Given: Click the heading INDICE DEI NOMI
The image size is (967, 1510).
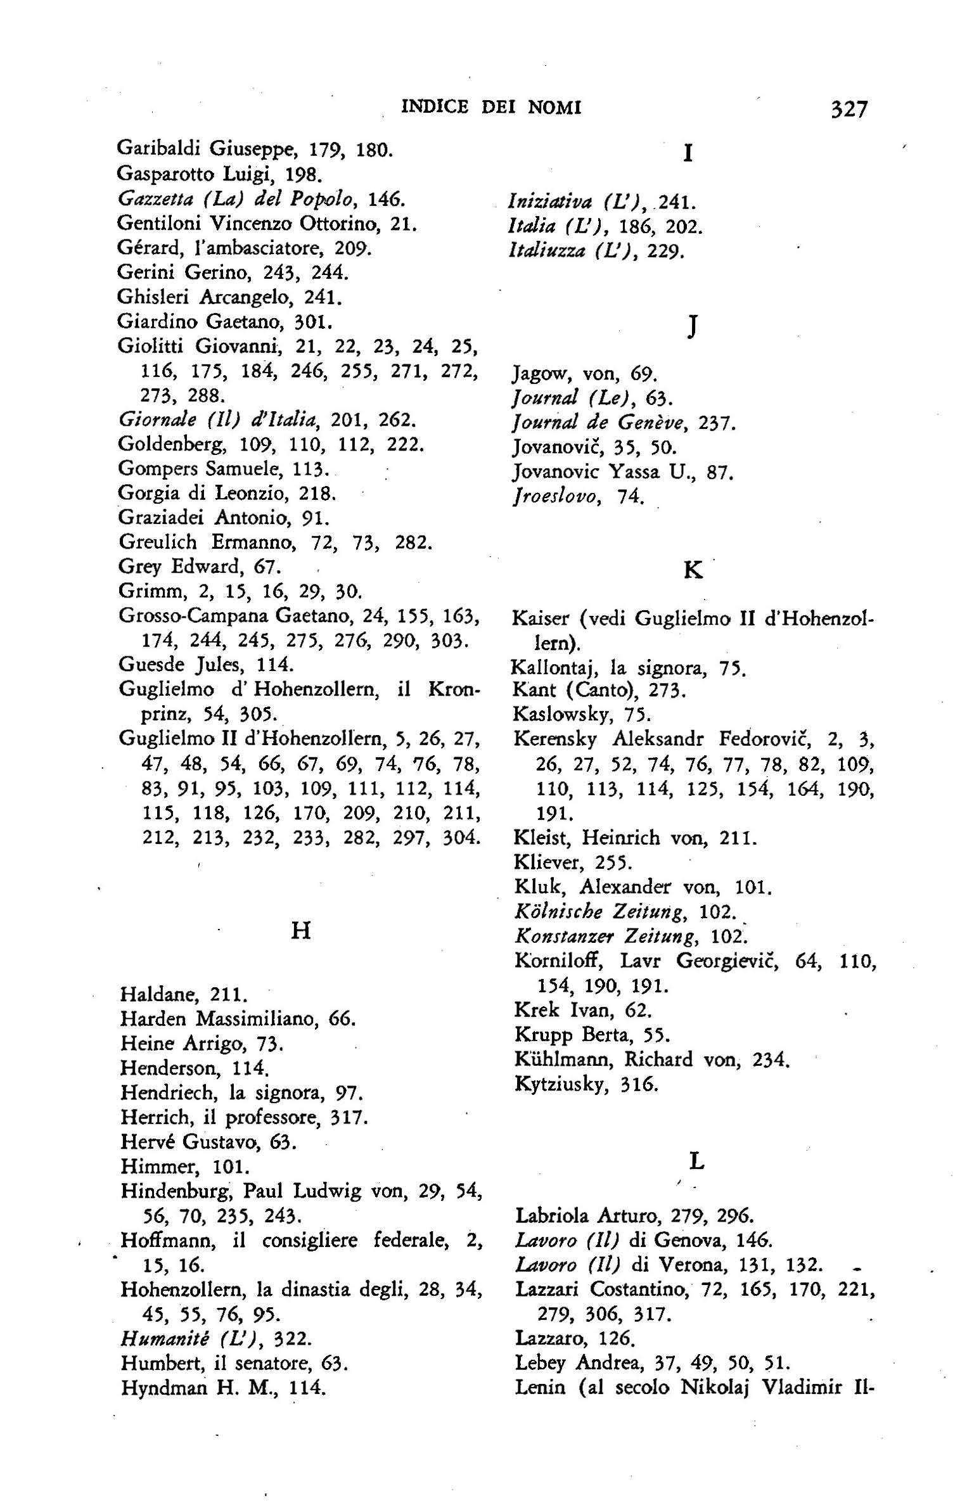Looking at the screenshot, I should (492, 108).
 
